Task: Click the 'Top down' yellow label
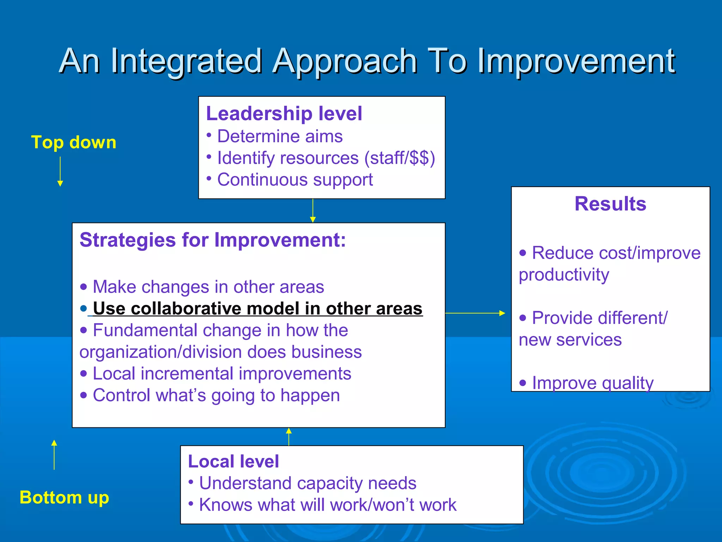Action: tap(74, 143)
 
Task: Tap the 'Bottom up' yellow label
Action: tap(64, 498)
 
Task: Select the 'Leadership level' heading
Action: tap(284, 114)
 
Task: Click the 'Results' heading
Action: tap(610, 204)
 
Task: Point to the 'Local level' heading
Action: tap(233, 462)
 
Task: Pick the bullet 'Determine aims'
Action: tap(280, 136)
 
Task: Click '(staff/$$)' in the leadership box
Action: tap(399, 158)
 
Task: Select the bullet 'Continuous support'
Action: tap(295, 180)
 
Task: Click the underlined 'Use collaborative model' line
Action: tap(257, 308)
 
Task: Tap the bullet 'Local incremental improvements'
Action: tap(222, 374)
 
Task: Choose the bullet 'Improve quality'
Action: tap(592, 383)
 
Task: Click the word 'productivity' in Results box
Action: tap(564, 275)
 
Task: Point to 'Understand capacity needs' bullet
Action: tap(307, 483)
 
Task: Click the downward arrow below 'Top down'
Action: tap(60, 171)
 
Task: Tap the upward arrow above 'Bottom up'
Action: tap(54, 455)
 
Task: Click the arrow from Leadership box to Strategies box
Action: tap(313, 211)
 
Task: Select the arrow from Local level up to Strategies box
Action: tap(289, 437)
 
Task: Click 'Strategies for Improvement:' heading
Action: tap(213, 240)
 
